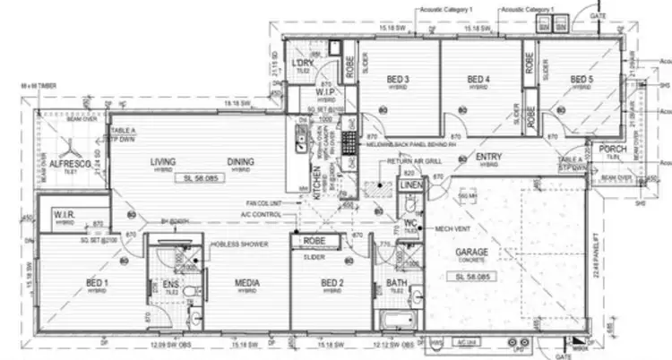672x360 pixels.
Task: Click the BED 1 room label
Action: pyautogui.click(x=96, y=284)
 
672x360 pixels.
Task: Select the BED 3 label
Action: pyautogui.click(x=399, y=79)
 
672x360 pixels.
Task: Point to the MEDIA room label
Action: pyautogui.click(x=247, y=284)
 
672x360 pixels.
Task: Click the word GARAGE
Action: pyautogui.click(x=472, y=253)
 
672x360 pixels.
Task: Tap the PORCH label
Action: pyautogui.click(x=613, y=149)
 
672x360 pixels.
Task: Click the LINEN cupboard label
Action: pyautogui.click(x=409, y=184)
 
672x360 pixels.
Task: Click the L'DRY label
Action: pyautogui.click(x=302, y=63)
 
